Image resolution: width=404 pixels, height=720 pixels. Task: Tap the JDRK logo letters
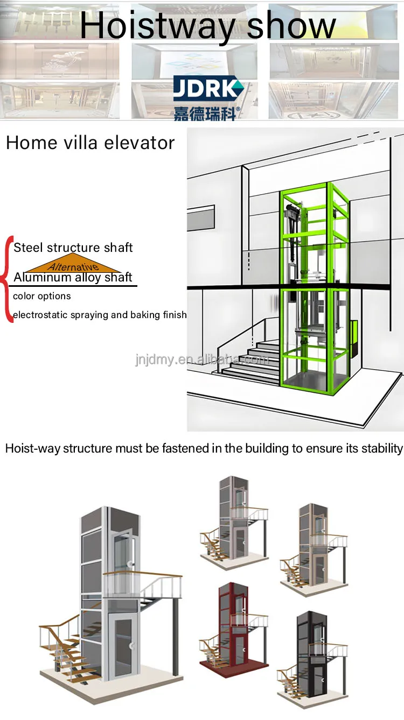click(208, 88)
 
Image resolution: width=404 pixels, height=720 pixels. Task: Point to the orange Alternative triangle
click(73, 265)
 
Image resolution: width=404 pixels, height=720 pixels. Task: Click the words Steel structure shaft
click(73, 248)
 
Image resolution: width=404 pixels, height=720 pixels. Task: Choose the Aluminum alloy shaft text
click(73, 278)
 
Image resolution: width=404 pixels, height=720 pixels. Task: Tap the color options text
click(42, 296)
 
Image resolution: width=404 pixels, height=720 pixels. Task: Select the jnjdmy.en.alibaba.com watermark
click(201, 359)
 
